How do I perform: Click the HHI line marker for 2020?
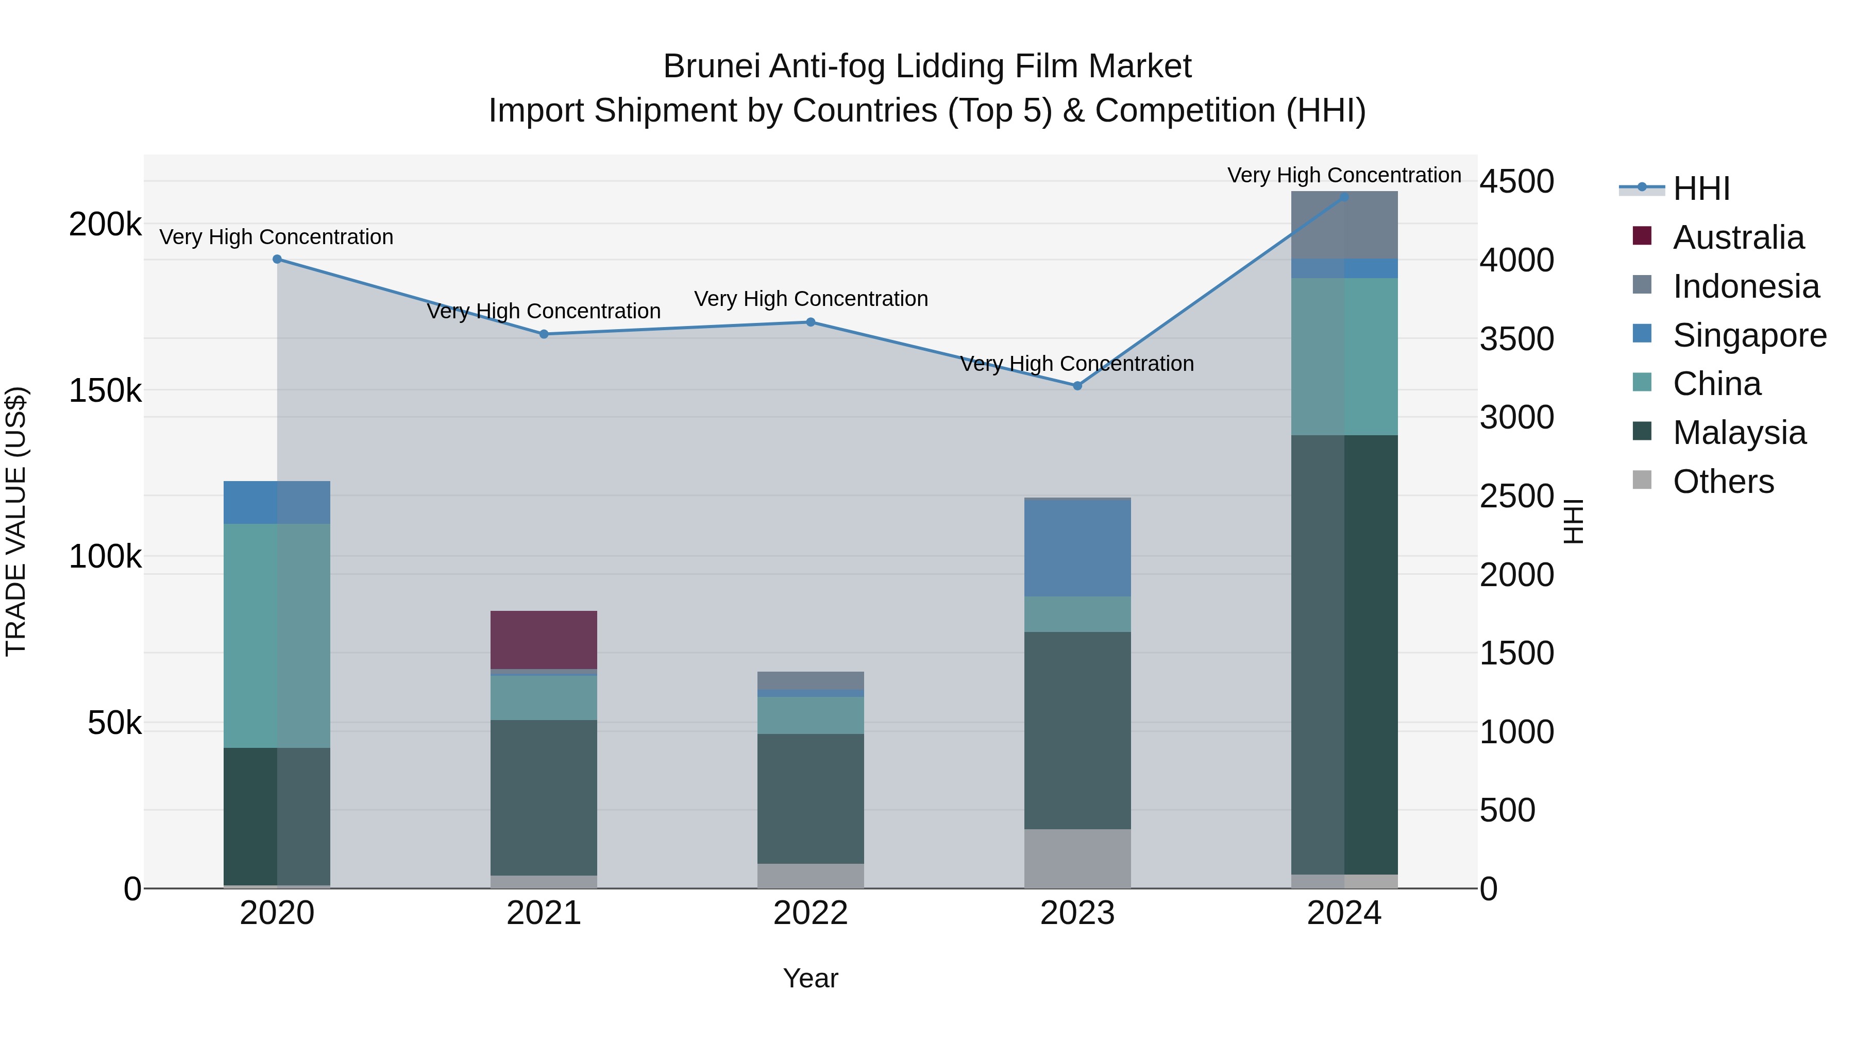coord(277,259)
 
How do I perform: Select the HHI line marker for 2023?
coord(1077,386)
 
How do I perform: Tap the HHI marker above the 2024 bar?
coord(1344,197)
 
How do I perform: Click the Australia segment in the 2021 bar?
coord(544,640)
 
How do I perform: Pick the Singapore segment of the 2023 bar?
coord(1077,547)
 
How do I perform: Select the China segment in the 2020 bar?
coord(277,636)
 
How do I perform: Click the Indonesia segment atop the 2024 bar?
coord(1344,225)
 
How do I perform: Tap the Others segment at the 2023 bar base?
coord(1077,858)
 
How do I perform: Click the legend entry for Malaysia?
coord(1739,433)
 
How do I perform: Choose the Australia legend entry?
coord(1738,237)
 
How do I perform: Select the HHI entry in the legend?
coord(1701,189)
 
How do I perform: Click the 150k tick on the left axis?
coord(105,391)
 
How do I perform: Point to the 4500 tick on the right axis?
coord(1516,181)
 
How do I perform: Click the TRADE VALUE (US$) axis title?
coord(16,521)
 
